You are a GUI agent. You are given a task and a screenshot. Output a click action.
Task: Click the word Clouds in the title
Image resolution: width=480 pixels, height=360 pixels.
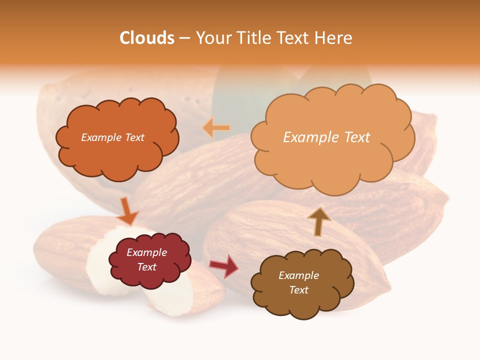coord(147,38)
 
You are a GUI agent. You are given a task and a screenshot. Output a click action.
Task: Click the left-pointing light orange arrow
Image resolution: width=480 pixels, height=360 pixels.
coord(216,128)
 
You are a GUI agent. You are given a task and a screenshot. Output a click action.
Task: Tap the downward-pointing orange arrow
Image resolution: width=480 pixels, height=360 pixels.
coord(128,212)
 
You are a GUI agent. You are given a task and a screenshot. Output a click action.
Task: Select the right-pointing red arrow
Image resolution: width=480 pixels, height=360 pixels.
coord(224,265)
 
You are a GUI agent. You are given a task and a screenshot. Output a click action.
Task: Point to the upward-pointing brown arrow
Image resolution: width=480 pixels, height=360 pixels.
coord(319,221)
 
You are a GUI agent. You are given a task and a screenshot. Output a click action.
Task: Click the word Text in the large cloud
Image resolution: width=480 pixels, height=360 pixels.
coord(358,137)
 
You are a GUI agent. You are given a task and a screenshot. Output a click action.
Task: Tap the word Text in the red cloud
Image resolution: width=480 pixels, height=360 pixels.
coord(147,267)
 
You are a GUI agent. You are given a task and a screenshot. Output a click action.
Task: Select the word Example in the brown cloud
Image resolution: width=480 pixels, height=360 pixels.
coord(298,275)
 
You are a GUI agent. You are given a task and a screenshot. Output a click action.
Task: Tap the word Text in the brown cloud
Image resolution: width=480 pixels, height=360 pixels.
coord(298,290)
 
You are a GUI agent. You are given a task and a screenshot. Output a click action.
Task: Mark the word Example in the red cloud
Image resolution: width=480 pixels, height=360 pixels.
coord(147,252)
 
